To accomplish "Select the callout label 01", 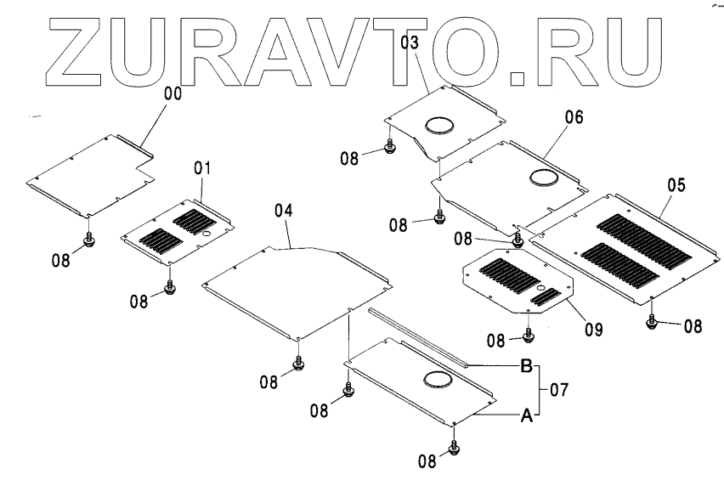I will coord(201,169).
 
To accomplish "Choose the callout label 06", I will coord(574,118).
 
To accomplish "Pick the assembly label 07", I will coord(557,390).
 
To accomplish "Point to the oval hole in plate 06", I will coord(545,178).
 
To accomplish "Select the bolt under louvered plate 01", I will coord(169,287).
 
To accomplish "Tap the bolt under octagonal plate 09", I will coord(528,335).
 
